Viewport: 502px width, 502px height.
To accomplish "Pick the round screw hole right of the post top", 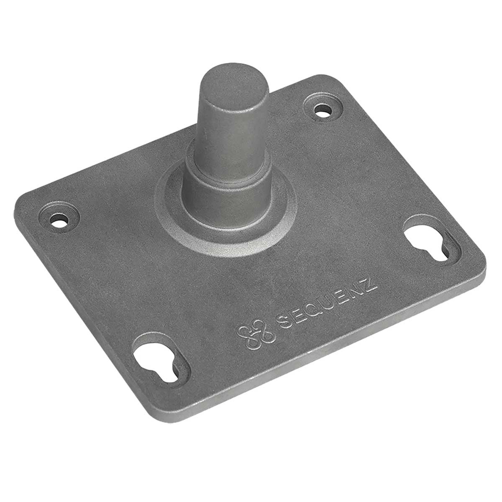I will pos(321,111).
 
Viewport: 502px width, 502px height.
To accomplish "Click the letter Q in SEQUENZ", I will pos(313,313).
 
